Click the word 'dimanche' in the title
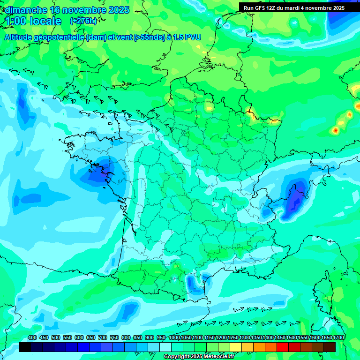26,10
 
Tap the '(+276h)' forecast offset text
83,21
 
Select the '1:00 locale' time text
34,21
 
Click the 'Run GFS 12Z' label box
294,7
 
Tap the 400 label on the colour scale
32,337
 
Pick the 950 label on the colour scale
161,337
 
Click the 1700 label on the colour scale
337,337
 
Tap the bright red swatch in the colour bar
283,347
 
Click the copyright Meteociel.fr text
199,356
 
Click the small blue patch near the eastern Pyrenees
192,283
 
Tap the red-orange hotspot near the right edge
336,130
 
